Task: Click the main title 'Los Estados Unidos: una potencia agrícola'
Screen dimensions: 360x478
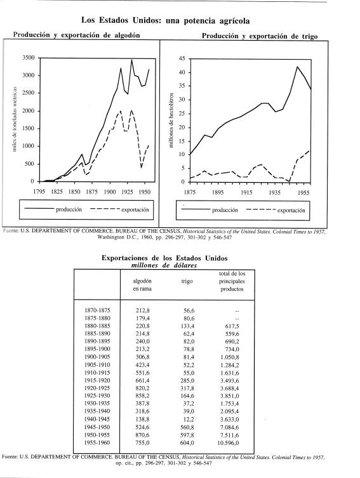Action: [x=165, y=21]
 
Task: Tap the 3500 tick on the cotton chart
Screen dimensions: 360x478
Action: [x=29, y=58]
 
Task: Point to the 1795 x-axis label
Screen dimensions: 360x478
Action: [x=39, y=192]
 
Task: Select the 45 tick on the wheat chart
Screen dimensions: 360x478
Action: [x=182, y=58]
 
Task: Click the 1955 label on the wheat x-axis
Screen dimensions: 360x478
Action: [x=303, y=193]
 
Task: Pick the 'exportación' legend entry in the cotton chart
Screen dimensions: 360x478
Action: [x=135, y=209]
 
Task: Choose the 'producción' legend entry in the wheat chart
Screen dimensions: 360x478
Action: [x=225, y=210]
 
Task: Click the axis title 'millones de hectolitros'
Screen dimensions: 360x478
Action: [x=171, y=120]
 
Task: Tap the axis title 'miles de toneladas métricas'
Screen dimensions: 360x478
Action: [x=15, y=119]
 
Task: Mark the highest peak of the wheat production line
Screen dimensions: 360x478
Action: [x=297, y=67]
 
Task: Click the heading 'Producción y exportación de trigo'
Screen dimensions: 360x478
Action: [x=260, y=36]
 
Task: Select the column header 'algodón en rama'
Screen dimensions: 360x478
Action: [x=142, y=285]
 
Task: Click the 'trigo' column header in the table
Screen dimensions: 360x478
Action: [x=187, y=281]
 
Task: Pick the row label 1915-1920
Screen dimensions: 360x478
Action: [x=97, y=380]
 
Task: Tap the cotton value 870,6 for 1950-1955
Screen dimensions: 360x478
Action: [x=142, y=435]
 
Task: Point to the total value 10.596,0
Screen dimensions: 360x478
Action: [x=228, y=443]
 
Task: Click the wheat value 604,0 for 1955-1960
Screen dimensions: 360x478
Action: [x=187, y=443]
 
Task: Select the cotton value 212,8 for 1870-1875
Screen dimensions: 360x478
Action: [x=142, y=310]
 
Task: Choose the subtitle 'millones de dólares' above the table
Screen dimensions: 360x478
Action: [x=164, y=265]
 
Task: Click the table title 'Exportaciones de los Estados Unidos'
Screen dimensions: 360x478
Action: [x=164, y=258]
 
